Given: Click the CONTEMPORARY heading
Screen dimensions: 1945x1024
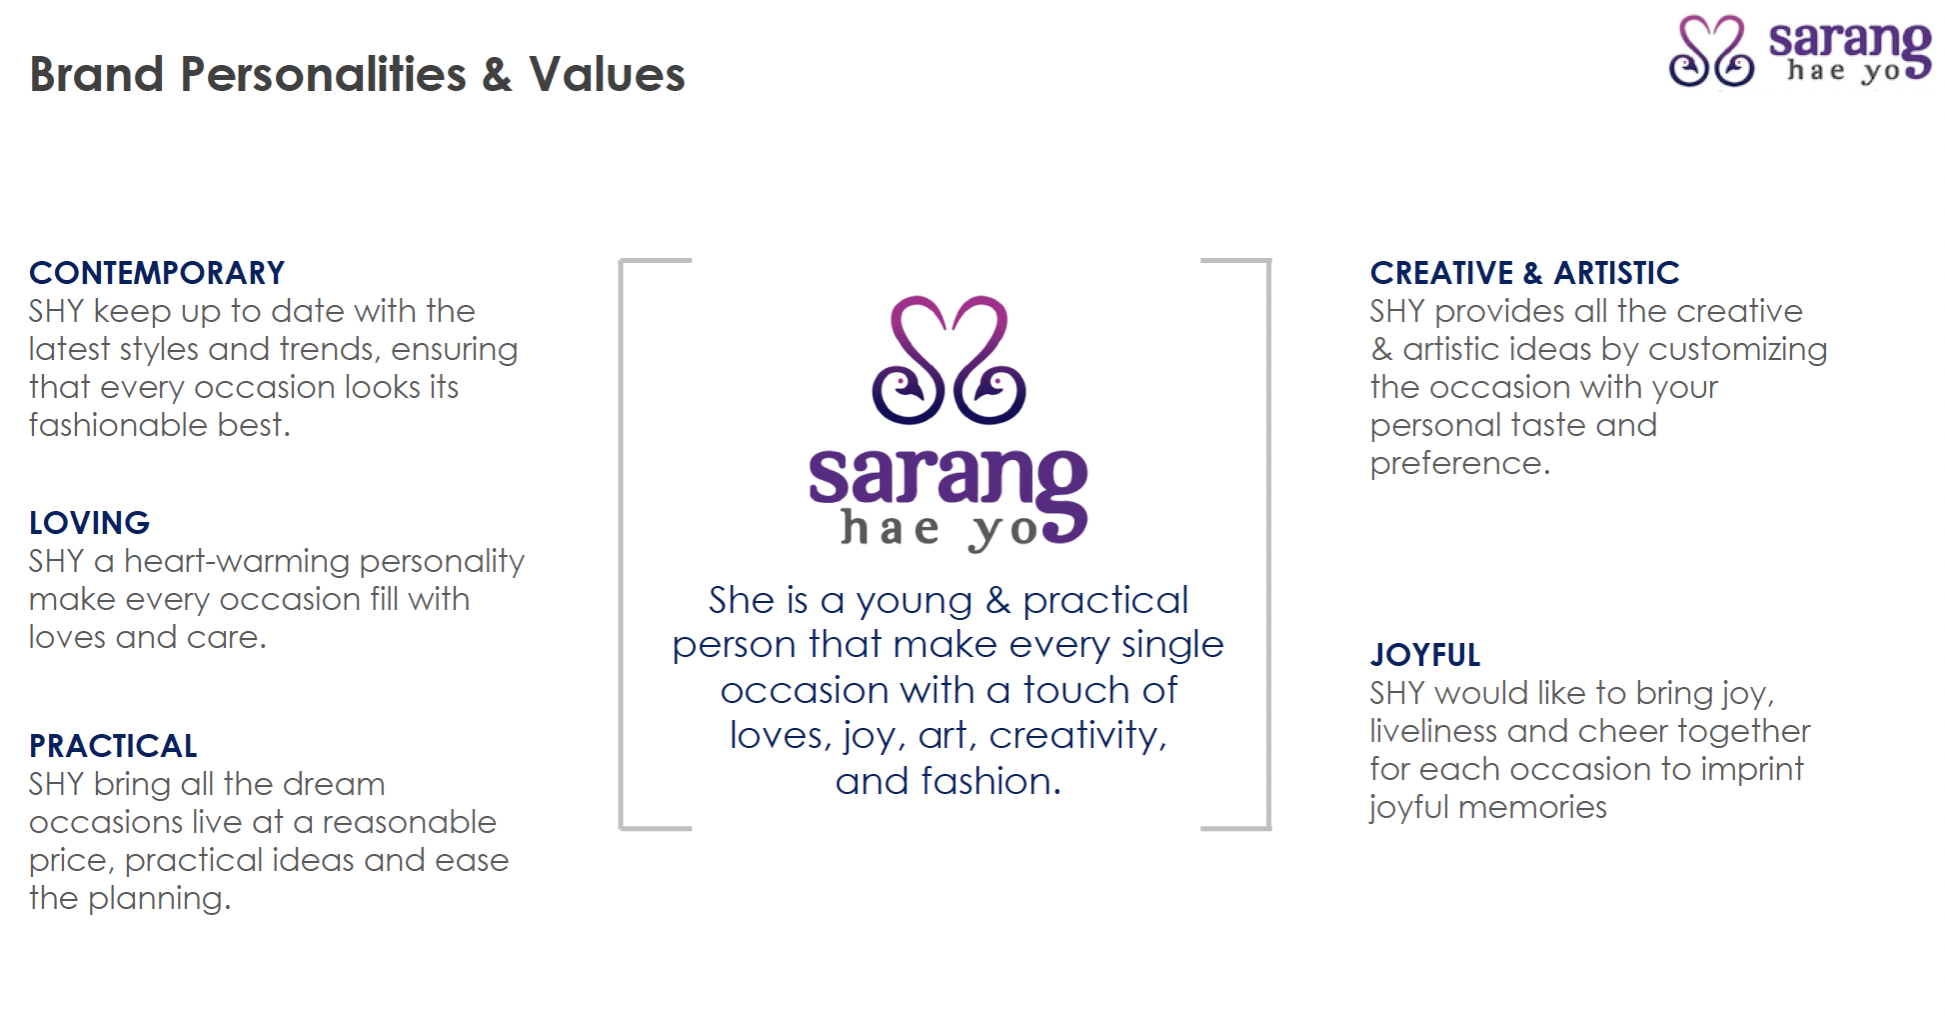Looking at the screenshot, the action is coord(157,273).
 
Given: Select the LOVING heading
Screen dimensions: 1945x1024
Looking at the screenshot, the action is coord(89,523).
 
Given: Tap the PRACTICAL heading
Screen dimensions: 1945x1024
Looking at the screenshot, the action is coord(113,746).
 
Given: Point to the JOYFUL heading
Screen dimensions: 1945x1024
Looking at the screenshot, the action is coord(1425,655).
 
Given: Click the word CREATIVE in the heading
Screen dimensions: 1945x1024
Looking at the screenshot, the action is coord(1442,273).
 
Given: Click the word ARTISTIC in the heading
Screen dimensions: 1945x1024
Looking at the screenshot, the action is coord(1617,273).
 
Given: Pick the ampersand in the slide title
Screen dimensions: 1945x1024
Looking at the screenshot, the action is coord(497,75).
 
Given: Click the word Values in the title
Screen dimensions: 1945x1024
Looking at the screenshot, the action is coord(608,75).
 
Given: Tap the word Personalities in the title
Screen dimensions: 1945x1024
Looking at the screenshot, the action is coord(323,75).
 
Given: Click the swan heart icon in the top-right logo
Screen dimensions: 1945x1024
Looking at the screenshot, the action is coord(1712,51).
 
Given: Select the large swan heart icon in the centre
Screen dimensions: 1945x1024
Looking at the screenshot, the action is coord(949,360).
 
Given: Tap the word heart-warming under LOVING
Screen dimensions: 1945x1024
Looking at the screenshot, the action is coord(237,561).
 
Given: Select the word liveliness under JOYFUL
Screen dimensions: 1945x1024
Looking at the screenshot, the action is coord(1434,731).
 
